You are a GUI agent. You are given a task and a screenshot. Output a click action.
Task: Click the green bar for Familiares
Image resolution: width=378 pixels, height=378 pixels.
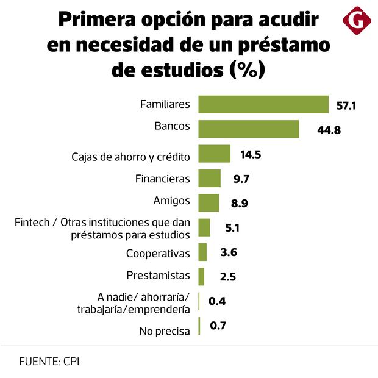tap(263, 104)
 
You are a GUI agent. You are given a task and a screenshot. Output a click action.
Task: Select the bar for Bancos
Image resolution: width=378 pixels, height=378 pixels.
tap(249, 129)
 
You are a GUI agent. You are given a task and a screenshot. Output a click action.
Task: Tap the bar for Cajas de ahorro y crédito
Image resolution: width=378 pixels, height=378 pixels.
tap(215, 154)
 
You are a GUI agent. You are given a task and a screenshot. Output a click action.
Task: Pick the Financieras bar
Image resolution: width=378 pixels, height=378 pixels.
tap(210, 179)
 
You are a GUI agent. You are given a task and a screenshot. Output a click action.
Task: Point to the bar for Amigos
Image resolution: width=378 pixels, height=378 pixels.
tap(209, 203)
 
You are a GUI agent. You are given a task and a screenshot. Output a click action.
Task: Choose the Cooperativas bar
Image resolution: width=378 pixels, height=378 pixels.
tap(202, 252)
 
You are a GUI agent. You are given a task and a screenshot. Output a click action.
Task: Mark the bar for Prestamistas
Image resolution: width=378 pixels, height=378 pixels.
tap(201, 277)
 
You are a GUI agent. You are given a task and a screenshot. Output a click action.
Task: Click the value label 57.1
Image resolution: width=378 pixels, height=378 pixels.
tap(346, 106)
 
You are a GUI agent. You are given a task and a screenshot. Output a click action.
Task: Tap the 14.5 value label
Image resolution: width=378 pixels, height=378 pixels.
tap(251, 155)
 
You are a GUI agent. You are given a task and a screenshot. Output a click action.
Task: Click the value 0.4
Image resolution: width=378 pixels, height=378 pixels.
tap(217, 301)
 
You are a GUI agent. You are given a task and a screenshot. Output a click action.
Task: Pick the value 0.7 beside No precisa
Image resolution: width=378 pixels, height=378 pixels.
tap(218, 326)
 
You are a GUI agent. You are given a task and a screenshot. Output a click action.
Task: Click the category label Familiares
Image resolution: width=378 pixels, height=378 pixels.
tap(165, 104)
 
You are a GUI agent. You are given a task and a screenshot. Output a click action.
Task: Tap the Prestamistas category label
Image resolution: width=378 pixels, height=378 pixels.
tap(158, 276)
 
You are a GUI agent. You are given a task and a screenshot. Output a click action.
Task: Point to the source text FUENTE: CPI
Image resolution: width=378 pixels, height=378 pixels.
tap(49, 361)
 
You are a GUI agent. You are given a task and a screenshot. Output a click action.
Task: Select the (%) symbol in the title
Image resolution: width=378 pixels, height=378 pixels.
tap(247, 70)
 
